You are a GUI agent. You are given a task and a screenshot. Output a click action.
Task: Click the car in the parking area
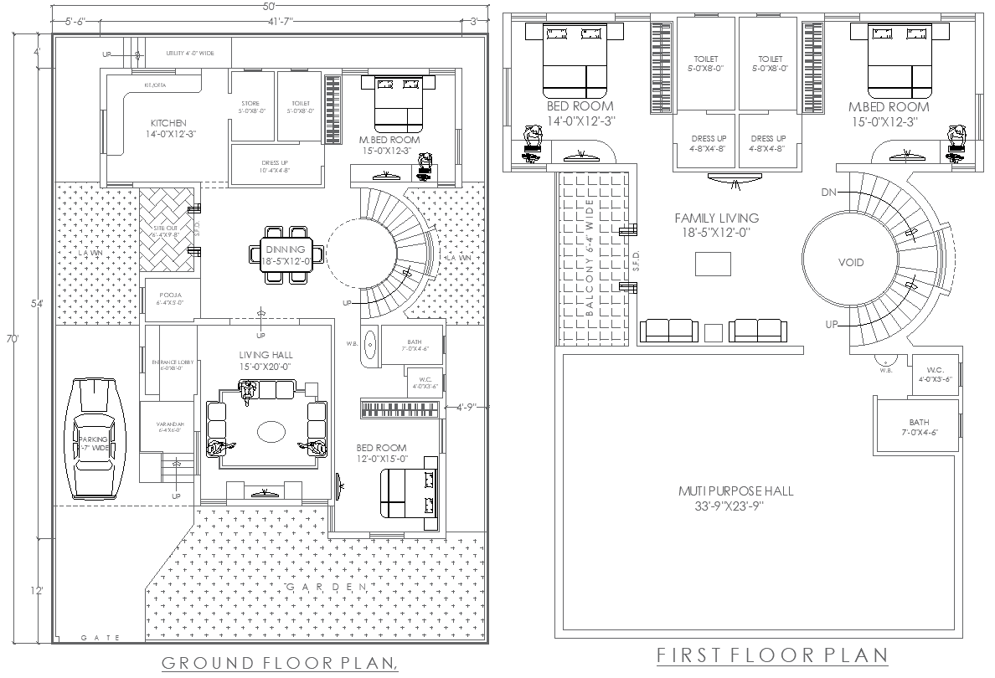tap(94, 438)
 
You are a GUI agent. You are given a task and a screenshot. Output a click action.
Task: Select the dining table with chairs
tap(286, 254)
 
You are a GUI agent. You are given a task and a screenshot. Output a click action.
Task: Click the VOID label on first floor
tap(851, 263)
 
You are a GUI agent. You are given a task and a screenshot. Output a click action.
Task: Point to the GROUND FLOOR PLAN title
tap(277, 663)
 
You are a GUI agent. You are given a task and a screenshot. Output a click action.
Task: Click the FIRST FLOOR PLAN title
tap(771, 654)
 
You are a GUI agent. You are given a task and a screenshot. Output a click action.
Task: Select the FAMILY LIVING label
tap(716, 218)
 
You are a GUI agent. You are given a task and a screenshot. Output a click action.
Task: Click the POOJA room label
tap(169, 294)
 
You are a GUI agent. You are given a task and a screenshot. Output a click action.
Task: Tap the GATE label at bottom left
tap(101, 638)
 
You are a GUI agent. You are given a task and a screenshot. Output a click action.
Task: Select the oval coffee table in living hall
tap(271, 431)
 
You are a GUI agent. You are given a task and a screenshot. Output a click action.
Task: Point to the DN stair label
tap(828, 192)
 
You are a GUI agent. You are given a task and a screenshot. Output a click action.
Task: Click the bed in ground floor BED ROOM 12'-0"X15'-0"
tap(410, 493)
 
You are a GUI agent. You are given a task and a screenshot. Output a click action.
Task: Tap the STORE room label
tap(250, 104)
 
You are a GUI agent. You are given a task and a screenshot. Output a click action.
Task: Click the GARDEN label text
tap(327, 588)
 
